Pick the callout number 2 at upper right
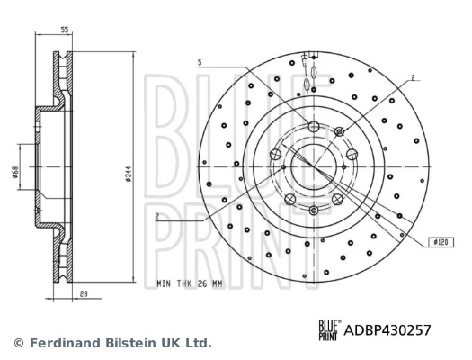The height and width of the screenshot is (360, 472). click(412, 78)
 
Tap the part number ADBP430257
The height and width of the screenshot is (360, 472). click(387, 330)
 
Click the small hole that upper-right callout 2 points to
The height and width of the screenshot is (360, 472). click(339, 133)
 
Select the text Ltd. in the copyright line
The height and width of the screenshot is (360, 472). click(198, 343)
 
